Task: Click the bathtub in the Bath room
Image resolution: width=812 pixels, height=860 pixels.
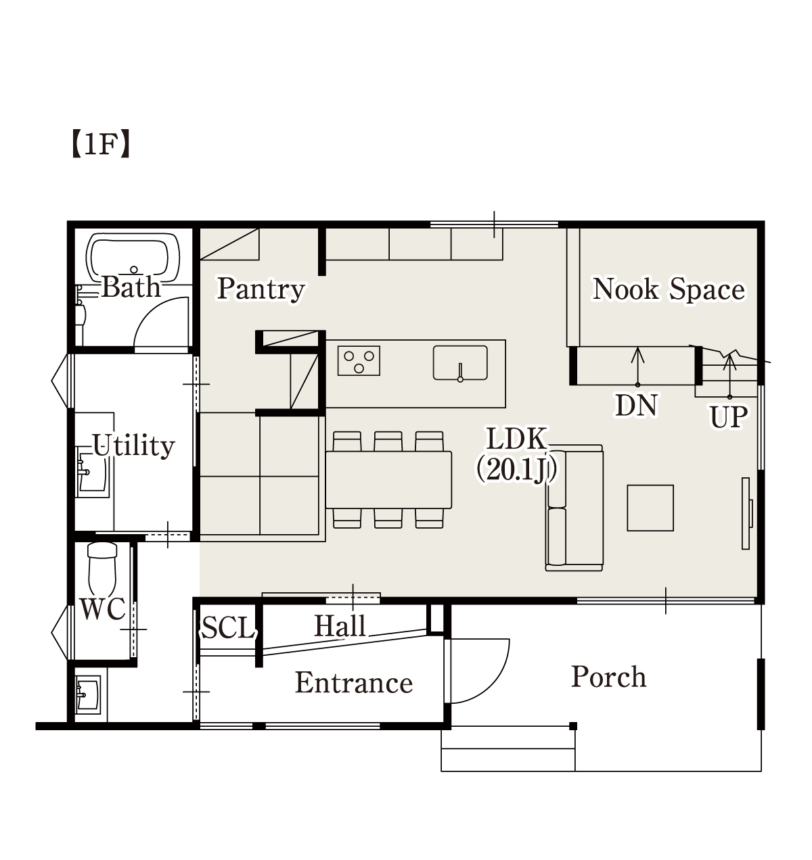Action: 133,258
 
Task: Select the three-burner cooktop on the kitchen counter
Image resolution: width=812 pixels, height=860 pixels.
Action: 359,360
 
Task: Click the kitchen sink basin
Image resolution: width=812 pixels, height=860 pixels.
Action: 460,363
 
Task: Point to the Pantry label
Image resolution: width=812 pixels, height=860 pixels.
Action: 261,289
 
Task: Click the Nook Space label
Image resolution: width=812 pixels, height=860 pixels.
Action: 669,289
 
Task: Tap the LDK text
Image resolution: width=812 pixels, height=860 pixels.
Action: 516,439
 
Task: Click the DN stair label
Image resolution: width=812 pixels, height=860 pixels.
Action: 636,405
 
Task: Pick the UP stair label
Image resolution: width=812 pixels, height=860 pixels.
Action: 728,417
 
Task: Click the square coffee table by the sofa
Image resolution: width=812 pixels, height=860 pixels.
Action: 650,508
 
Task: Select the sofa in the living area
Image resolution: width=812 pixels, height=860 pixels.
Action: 574,508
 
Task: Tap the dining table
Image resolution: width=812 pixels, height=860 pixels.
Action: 388,479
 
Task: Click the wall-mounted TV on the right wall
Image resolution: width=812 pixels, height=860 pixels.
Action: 746,513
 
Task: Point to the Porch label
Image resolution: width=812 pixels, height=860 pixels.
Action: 608,676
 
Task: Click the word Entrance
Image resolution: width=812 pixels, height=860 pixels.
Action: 354,683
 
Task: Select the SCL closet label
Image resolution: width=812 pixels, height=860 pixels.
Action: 229,627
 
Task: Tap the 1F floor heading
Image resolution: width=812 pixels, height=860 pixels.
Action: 101,144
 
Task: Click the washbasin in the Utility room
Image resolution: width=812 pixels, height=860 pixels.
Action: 92,472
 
